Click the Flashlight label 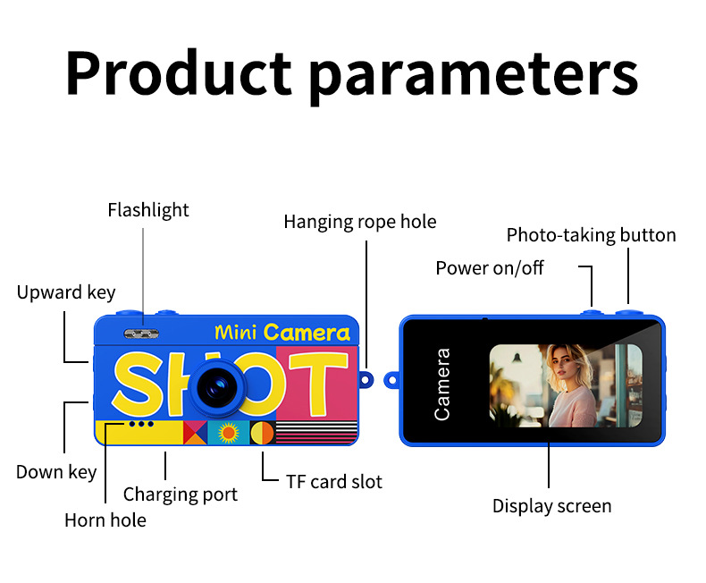(148, 210)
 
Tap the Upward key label (66, 293)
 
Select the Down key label (56, 472)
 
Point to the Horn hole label (105, 520)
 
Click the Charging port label (181, 494)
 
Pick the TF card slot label (334, 482)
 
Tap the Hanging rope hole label (360, 222)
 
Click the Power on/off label (490, 268)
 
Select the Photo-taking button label (592, 235)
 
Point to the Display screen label (552, 506)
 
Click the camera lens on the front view (218, 387)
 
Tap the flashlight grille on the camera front (141, 334)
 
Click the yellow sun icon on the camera (228, 433)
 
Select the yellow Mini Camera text (282, 333)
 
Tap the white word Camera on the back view (441, 384)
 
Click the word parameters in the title (474, 74)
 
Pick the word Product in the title (179, 72)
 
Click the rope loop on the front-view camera (366, 380)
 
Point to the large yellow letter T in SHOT (319, 383)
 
